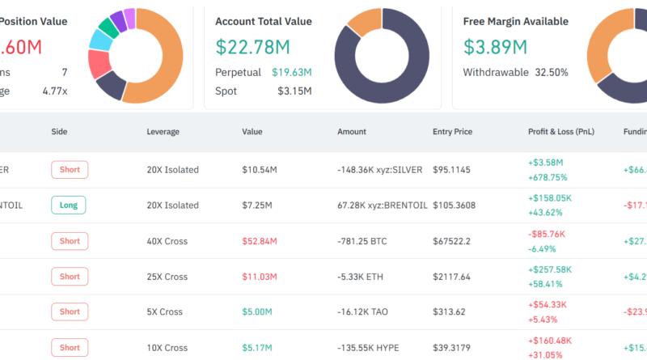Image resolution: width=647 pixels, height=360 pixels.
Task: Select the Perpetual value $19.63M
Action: point(291,72)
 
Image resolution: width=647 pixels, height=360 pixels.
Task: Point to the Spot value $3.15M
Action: point(294,91)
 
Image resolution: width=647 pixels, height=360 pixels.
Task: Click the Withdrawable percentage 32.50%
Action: point(552,72)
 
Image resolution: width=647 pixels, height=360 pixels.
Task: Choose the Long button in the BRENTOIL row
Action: point(68,205)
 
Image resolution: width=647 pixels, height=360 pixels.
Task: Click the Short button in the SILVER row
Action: point(70,170)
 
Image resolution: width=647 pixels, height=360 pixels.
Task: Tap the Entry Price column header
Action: point(452,131)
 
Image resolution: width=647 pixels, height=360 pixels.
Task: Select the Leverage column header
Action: point(163,131)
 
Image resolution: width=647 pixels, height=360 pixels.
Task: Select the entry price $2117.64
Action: point(454,277)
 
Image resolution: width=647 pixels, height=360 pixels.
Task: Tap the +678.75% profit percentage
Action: point(548,177)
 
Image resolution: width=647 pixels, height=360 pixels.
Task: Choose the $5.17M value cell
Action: point(258,348)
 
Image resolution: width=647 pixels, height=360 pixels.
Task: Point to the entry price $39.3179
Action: point(454,348)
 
